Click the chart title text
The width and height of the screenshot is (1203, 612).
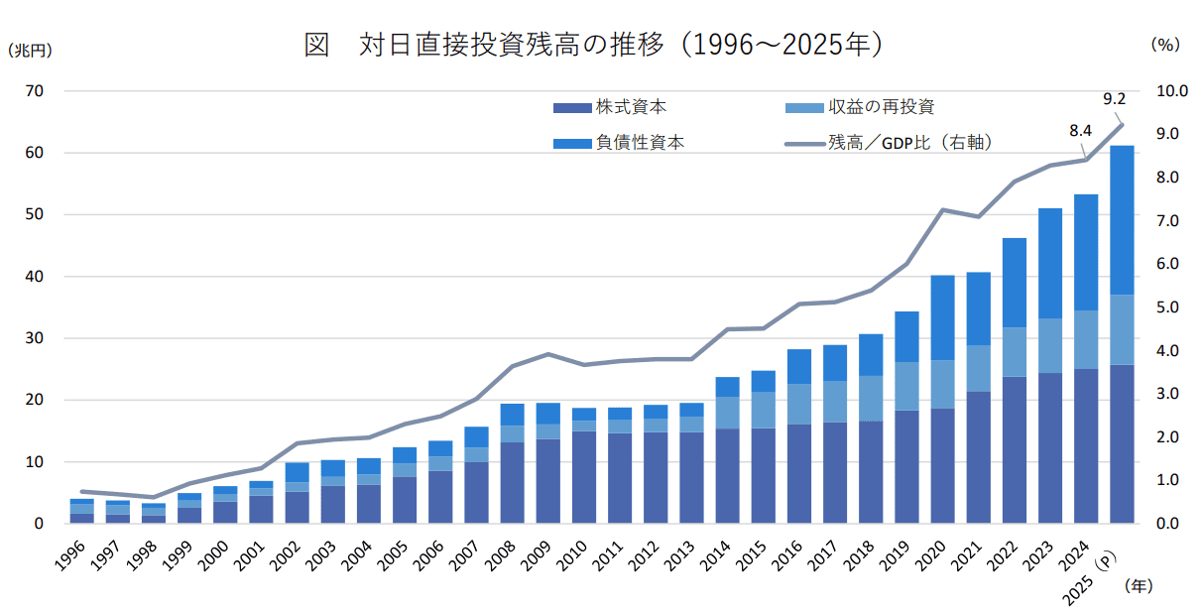click(x=593, y=44)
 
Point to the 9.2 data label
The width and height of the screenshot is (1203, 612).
click(x=1114, y=99)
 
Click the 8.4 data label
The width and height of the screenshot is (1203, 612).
click(x=1080, y=131)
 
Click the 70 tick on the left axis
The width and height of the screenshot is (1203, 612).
click(x=35, y=91)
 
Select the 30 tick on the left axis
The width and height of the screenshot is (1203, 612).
click(x=35, y=338)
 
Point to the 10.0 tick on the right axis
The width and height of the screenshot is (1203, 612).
click(x=1172, y=91)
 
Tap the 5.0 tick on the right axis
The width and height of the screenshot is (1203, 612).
click(x=1167, y=307)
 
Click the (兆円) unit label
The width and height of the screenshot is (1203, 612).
click(x=30, y=51)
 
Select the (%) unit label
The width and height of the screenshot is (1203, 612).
click(x=1165, y=45)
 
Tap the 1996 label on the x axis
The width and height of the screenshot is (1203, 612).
click(x=70, y=556)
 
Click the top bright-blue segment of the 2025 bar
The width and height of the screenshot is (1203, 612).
click(x=1122, y=220)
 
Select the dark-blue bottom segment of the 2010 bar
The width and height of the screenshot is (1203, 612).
click(x=584, y=477)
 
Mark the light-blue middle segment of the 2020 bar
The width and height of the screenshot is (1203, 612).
click(x=942, y=384)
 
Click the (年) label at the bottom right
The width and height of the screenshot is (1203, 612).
click(x=1139, y=585)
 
